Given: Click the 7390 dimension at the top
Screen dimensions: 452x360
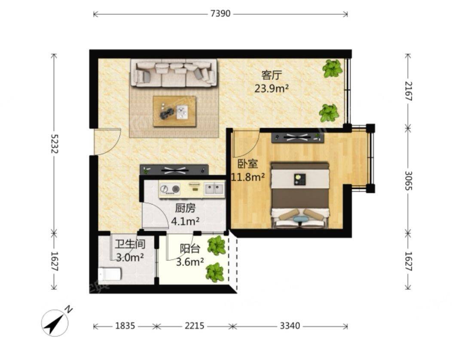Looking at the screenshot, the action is pos(220,14).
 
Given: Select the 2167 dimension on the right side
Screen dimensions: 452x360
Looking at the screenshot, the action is pos(409,91).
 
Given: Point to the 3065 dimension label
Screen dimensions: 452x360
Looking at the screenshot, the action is pos(409,181).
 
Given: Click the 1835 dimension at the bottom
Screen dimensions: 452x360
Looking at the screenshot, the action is pos(125,326).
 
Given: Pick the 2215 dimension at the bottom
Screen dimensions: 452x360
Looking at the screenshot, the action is pos(194,326).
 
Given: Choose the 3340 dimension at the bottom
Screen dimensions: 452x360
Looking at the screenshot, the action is pos(290,326).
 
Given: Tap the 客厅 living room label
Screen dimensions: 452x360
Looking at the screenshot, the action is pos(271,76).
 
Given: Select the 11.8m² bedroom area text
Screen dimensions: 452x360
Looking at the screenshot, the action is pos(248,177).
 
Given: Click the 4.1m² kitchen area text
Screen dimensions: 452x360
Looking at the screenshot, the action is pos(185,221).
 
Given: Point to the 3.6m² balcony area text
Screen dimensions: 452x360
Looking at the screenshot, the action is pos(190,262).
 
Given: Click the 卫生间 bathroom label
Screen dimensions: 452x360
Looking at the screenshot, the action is pos(130,244).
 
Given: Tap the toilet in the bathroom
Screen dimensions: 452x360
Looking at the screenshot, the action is pos(110,274).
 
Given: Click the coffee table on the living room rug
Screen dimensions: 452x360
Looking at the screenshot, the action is pos(174,111).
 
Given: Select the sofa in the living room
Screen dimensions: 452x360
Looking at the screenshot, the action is pos(174,73).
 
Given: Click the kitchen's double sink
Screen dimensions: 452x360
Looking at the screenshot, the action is pos(214,189).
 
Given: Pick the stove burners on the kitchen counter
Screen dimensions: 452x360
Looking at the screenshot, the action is pos(170,189).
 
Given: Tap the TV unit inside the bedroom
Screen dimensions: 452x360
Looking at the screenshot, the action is pos(298,138).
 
